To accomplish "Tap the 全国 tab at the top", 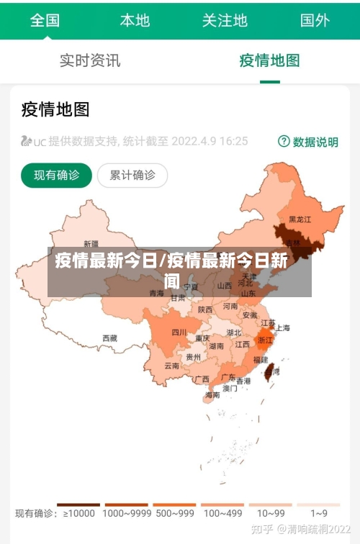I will click(x=45, y=19).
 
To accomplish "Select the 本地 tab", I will click(x=135, y=19).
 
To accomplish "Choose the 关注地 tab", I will click(x=225, y=19).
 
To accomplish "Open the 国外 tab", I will click(x=315, y=19).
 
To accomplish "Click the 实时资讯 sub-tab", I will click(x=90, y=60).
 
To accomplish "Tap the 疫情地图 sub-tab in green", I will click(x=269, y=60).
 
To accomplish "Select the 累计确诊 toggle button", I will click(x=132, y=175).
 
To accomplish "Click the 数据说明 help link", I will click(x=308, y=142).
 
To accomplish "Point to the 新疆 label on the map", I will click(x=91, y=243).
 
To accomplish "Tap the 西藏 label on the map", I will click(x=109, y=337).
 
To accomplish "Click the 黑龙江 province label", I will click(x=300, y=219).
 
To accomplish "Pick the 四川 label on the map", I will click(x=179, y=332).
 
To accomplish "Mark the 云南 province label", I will click(x=171, y=366).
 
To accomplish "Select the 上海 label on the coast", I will click(x=282, y=328).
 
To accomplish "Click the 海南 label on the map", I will click(x=212, y=394).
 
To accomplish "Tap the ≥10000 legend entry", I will click(x=78, y=513).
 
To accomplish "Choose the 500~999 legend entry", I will click(x=174, y=513).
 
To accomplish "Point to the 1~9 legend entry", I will click(x=319, y=513).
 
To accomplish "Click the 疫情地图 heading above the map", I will click(x=55, y=109).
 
